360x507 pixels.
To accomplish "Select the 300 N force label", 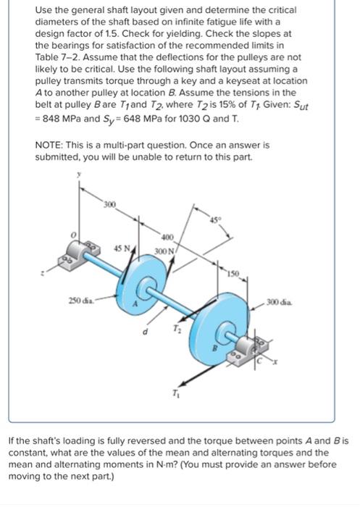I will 166,251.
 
